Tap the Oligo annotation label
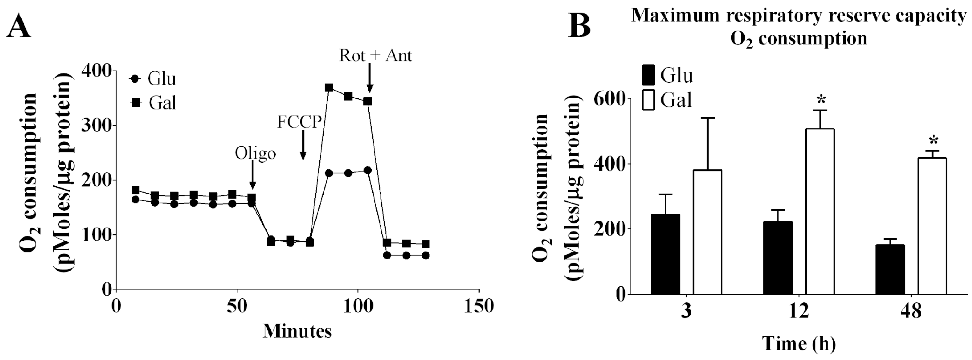(255, 153)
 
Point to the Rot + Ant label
(375, 56)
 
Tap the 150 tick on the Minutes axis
(478, 306)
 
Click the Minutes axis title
(297, 331)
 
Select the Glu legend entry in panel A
(153, 79)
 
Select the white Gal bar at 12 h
(820, 211)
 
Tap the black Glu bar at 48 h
(890, 269)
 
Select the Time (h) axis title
(799, 343)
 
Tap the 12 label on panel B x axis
(799, 312)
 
